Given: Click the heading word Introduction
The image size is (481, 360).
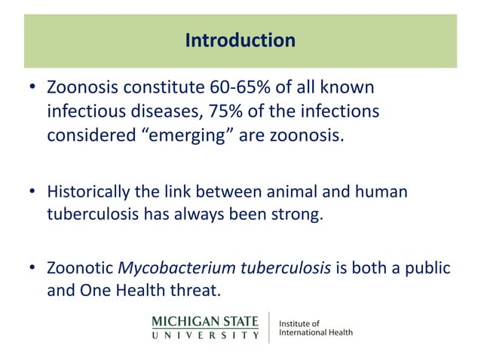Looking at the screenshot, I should (240, 40).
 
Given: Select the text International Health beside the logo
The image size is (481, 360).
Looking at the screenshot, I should (316, 332).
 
